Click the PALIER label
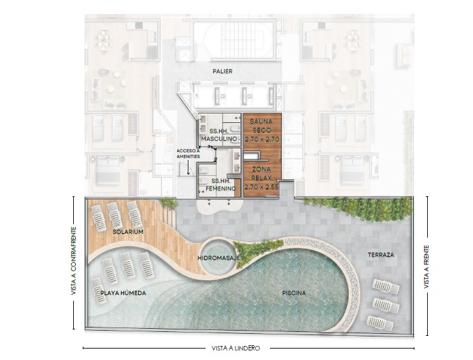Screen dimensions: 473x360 coord(223,71)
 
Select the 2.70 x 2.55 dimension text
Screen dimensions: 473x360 coord(262,187)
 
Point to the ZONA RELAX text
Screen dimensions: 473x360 coord(262,173)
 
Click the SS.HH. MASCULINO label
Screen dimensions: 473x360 coord(219,134)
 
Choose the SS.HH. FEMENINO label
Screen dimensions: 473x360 coord(221,185)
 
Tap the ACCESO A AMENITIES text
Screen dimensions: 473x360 coord(188,154)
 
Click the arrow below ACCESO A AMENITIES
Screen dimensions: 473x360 coord(188,168)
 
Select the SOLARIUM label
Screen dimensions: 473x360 coord(128,232)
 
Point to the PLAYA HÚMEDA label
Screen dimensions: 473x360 coord(123,292)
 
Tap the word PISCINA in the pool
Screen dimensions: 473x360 coord(294,292)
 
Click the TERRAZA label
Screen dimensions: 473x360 coord(381,255)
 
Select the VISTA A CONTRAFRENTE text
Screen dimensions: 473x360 coord(74,261)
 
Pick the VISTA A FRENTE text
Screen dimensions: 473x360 coord(427,266)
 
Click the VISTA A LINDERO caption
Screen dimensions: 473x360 coord(236,349)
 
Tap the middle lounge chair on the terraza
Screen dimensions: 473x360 coord(386,306)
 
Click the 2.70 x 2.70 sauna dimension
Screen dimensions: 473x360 coord(262,140)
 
